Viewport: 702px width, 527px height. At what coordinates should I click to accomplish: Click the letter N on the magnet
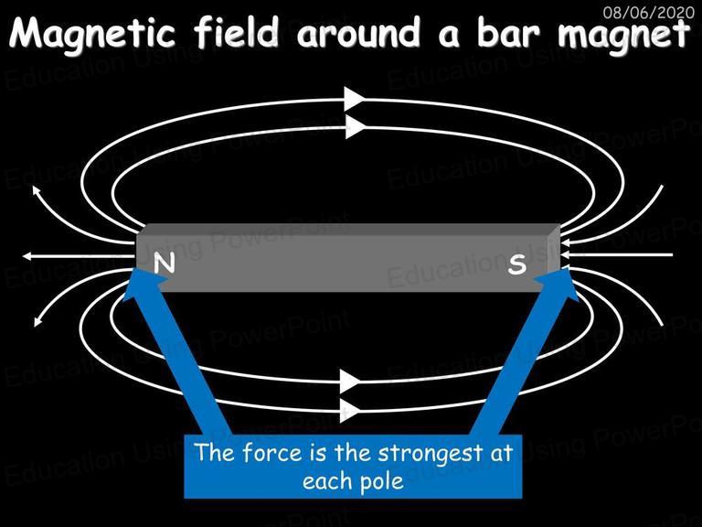point(165,263)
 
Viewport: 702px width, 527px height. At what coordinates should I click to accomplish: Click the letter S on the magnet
point(517,263)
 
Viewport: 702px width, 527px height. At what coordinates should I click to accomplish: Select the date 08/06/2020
point(649,12)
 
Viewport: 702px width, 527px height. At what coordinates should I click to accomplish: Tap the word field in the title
point(237,32)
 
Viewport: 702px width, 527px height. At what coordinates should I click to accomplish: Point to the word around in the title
point(359,34)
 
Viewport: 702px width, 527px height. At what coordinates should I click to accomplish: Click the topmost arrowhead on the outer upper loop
point(354,99)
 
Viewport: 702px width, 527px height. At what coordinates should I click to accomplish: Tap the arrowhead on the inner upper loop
point(356,127)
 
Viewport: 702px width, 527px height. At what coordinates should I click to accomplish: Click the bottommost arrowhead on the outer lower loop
point(350,410)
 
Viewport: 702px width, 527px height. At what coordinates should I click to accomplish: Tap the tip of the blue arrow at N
point(135,267)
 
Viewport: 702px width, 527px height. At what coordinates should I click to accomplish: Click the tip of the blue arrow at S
point(568,267)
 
